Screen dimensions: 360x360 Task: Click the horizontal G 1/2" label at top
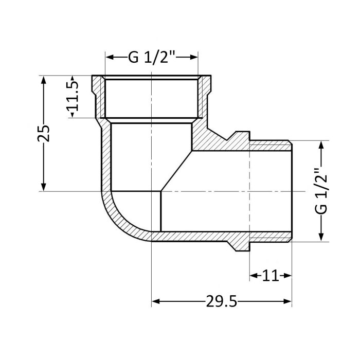click(152, 57)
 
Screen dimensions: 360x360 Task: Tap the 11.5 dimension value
click(73, 97)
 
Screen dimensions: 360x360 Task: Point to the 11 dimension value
click(271, 276)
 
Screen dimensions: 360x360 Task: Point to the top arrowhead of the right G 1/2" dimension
click(321, 145)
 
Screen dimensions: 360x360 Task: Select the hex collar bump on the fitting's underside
click(240, 246)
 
